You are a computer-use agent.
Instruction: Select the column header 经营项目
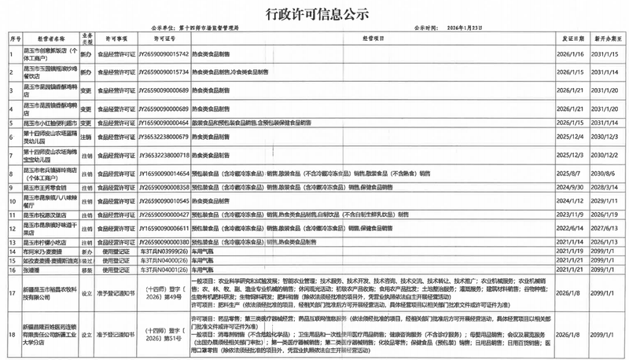coord(374,37)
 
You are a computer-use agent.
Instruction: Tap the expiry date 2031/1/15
coord(604,55)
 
